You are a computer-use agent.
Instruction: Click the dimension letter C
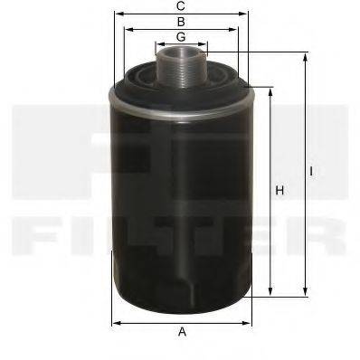(x=182, y=6)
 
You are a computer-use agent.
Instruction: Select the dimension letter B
(x=182, y=21)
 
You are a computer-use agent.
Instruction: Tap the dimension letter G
(x=182, y=36)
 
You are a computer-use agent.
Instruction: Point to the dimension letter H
(x=280, y=191)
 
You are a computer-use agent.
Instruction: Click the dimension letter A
(x=182, y=332)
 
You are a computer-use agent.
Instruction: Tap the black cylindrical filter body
(x=181, y=199)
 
